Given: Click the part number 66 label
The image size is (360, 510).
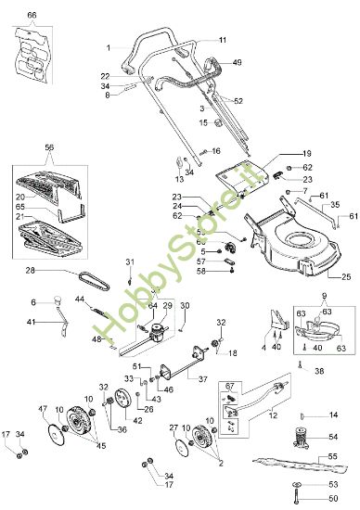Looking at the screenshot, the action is click(32, 15).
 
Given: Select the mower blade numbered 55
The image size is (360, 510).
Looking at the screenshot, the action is click(300, 465).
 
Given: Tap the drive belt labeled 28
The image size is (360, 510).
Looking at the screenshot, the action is click(94, 280).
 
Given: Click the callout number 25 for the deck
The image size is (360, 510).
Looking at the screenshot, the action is click(346, 276).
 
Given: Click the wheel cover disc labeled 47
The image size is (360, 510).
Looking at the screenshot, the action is click(56, 436).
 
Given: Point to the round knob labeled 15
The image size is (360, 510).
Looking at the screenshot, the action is click(217, 123).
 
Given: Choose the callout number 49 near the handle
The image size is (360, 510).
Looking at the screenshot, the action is click(238, 62).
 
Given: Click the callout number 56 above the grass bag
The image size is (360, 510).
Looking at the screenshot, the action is click(49, 147).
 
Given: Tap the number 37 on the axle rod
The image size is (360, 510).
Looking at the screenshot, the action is click(202, 379).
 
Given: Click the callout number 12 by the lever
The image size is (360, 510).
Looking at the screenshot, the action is click(273, 415).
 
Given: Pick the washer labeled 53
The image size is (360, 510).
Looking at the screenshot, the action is click(298, 485).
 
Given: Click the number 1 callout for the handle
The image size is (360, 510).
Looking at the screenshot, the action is click(109, 48).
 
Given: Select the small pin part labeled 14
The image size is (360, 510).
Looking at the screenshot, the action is click(302, 415).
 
